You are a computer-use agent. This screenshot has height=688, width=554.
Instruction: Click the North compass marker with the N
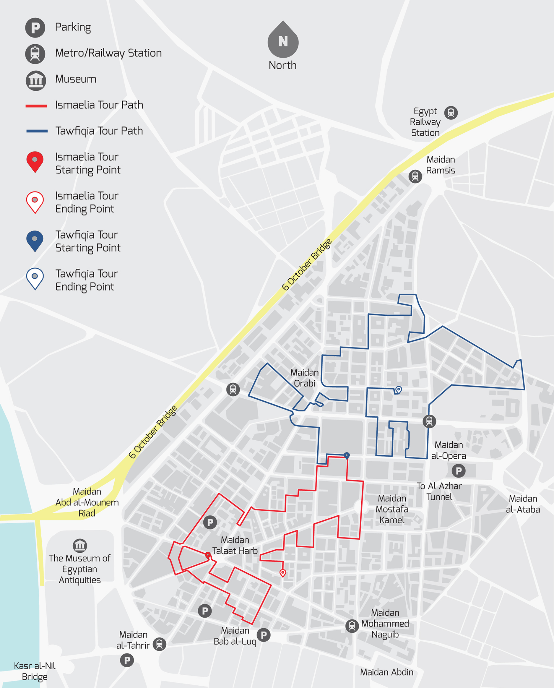283,40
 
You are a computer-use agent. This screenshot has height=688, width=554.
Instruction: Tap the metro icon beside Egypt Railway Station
451,113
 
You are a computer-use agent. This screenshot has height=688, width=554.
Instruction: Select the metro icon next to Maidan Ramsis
415,176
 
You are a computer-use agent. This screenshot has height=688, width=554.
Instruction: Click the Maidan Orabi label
304,378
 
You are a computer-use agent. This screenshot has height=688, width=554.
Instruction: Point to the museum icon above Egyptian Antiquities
80,546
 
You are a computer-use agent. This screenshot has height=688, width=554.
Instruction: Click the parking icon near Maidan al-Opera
459,471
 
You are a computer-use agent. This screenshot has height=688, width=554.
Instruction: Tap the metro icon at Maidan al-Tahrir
159,644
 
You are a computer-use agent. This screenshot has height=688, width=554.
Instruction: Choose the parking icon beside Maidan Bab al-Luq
264,635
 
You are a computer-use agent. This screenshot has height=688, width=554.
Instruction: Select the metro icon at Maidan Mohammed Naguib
352,626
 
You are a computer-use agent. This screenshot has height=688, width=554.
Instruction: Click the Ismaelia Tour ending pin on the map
283,573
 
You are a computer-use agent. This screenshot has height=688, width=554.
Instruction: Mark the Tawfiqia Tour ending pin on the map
399,390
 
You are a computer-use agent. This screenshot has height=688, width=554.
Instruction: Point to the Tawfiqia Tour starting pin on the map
347,456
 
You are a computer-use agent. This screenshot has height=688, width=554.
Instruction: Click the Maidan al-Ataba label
523,504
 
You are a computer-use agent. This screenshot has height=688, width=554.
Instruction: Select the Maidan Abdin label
386,672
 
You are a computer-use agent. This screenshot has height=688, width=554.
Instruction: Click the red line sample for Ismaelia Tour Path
36,106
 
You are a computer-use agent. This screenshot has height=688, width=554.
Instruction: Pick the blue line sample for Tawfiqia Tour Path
37,131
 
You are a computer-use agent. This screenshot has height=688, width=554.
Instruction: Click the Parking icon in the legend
35,28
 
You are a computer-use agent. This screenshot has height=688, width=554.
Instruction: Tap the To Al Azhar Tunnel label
439,491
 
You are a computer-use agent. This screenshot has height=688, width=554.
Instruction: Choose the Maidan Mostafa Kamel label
392,509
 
